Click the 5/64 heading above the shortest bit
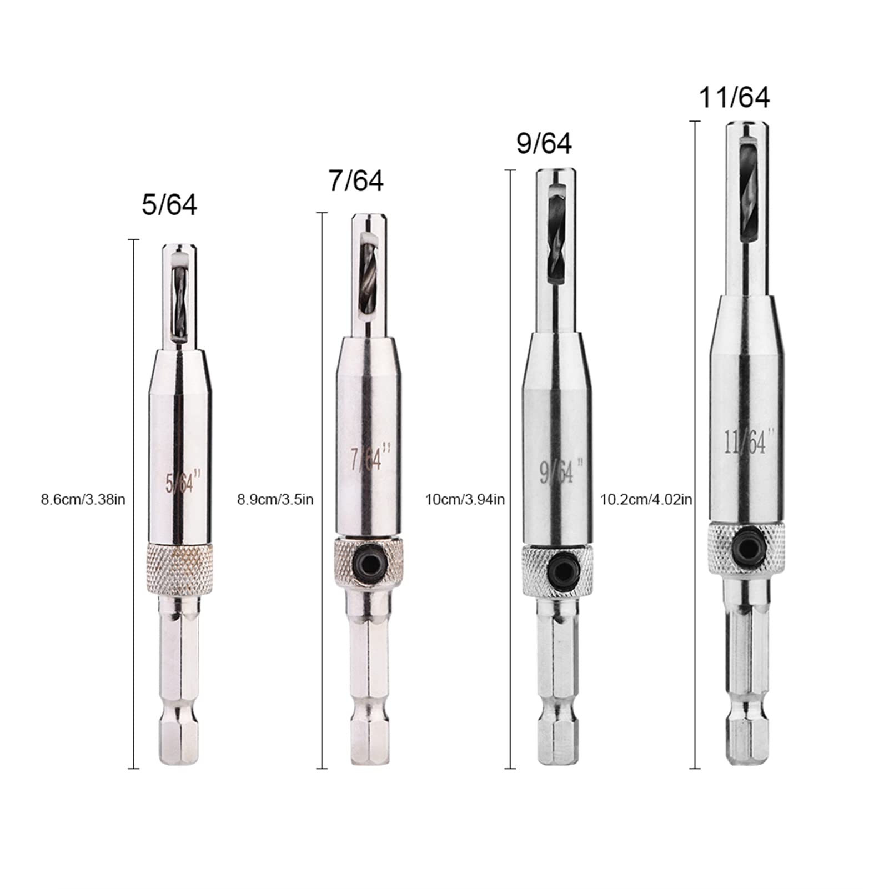[169, 205]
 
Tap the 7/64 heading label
[356, 181]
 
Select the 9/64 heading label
[544, 143]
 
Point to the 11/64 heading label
[734, 98]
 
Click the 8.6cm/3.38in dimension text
[83, 500]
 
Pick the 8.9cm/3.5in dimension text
[275, 500]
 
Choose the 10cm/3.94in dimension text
[465, 500]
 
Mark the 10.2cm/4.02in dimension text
[646, 500]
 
